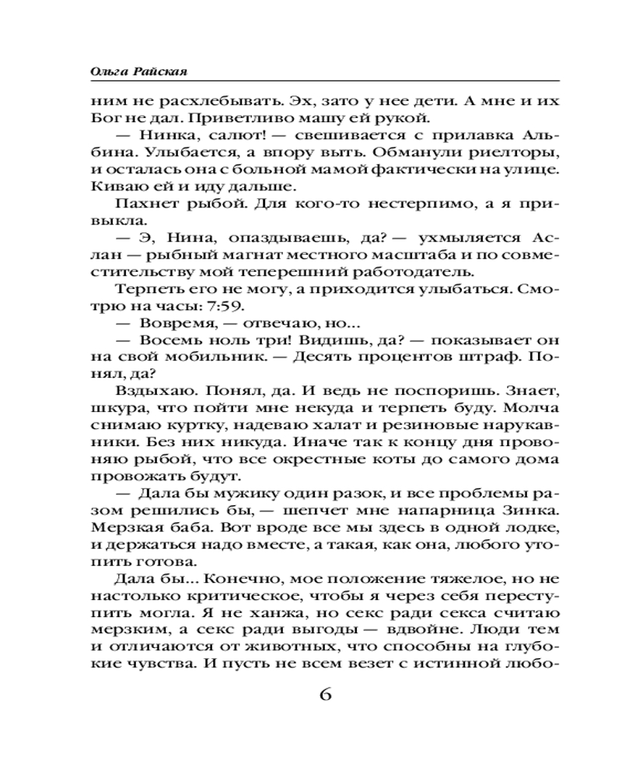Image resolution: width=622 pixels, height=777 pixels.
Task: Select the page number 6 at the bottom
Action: [x=325, y=694]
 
